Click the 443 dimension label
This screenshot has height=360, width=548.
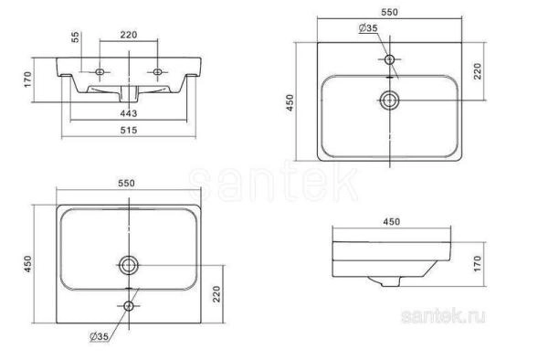tap(128, 113)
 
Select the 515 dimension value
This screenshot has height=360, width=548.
tap(128, 132)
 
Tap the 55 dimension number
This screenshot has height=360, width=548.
tap(77, 37)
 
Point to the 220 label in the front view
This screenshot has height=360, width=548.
tap(128, 37)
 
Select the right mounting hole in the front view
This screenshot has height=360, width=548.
tap(159, 70)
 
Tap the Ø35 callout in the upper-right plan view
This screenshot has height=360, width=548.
tap(369, 29)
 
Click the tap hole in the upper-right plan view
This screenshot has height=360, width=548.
tap(391, 59)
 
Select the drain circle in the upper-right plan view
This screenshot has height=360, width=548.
tap(391, 99)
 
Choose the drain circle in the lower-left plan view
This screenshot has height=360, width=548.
tap(128, 265)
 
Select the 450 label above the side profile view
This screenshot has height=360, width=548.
tap(391, 220)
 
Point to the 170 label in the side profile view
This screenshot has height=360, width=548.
tap(478, 265)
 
